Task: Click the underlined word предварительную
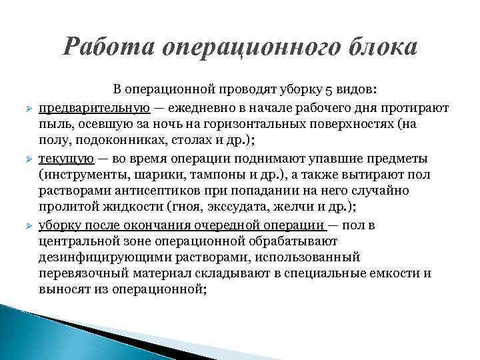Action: coord(93,107)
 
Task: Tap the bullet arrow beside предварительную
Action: coord(25,108)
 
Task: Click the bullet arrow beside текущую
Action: coord(25,159)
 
